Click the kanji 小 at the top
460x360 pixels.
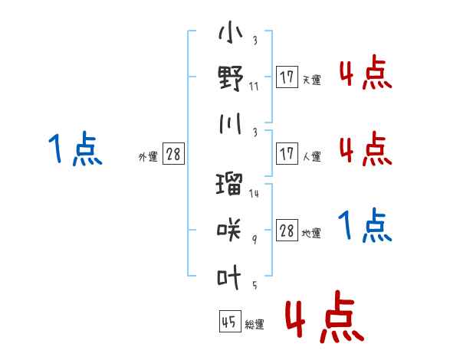pyautogui.click(x=231, y=32)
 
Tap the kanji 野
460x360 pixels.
pyautogui.click(x=231, y=78)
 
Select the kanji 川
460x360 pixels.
pyautogui.click(x=231, y=123)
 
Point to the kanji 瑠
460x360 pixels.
pyautogui.click(x=229, y=184)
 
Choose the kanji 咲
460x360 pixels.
pyautogui.click(x=229, y=230)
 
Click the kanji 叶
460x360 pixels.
pyautogui.click(x=229, y=277)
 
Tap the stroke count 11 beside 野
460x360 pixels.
pyautogui.click(x=254, y=87)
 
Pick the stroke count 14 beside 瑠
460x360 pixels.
pyautogui.click(x=254, y=193)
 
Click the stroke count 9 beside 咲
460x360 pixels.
pyautogui.click(x=255, y=239)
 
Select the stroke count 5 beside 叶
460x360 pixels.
pyautogui.click(x=255, y=285)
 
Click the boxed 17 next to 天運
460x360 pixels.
pyautogui.click(x=287, y=77)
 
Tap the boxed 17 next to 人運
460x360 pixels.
pyautogui.click(x=287, y=153)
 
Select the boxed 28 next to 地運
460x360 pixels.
pyautogui.click(x=287, y=230)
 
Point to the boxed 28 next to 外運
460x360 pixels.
pyautogui.click(x=173, y=153)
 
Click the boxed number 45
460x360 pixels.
pyautogui.click(x=230, y=321)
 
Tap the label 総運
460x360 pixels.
pyautogui.click(x=255, y=324)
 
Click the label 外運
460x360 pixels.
pyautogui.click(x=148, y=156)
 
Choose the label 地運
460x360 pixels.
pyautogui.click(x=311, y=233)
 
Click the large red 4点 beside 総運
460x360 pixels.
pyautogui.click(x=325, y=316)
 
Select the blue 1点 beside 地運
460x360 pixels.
pyautogui.click(x=365, y=225)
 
